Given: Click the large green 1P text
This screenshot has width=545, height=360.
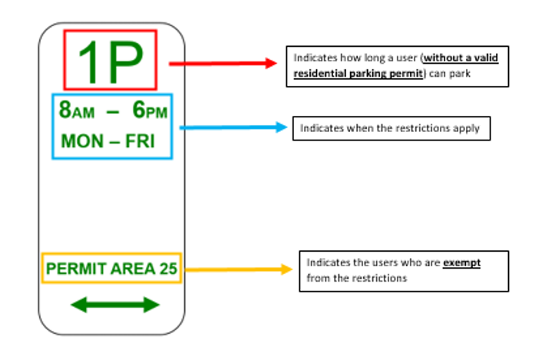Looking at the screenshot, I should coord(110,61).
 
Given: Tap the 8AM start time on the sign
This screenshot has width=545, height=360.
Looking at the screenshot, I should coord(77,111).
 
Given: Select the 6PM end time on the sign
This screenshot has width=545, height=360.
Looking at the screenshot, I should coord(150,111).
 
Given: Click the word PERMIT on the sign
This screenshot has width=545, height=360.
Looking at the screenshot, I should coord(71,269).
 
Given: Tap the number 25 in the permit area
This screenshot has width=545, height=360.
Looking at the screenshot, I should coord(168,269).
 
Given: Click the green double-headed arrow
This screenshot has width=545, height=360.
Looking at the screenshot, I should coord(114,305).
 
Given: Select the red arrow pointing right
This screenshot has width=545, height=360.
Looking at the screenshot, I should coord(222,64).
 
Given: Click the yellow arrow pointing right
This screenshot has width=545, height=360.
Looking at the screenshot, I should coord(239,269).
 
